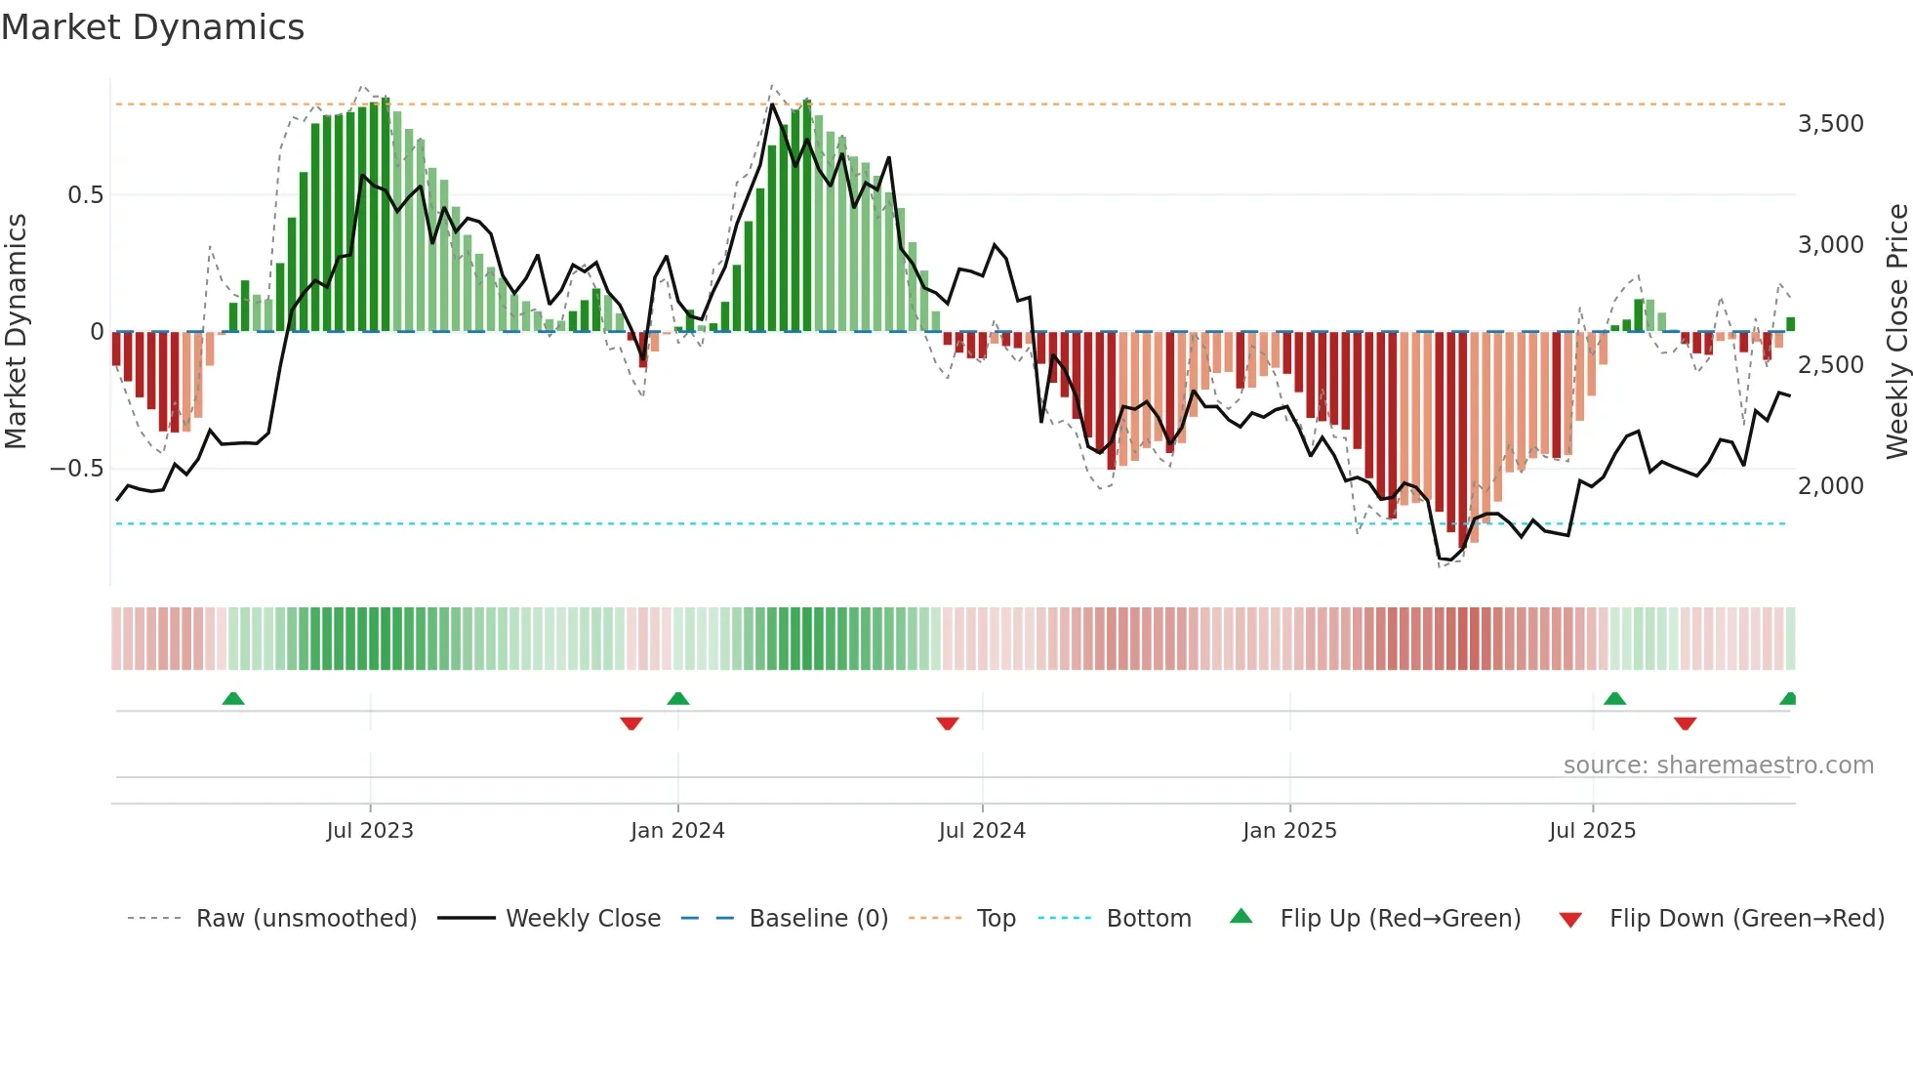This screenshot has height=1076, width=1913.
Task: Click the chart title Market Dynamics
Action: click(152, 27)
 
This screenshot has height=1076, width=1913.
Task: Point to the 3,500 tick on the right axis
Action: click(1830, 124)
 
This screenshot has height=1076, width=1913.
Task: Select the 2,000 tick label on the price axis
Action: click(1830, 485)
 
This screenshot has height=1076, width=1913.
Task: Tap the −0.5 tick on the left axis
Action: click(76, 469)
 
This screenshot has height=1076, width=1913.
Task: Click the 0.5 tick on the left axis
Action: click(85, 195)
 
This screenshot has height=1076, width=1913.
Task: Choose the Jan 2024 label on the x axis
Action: click(677, 831)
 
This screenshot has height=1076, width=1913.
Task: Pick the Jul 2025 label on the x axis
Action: click(1592, 831)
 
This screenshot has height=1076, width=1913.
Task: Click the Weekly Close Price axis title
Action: click(1896, 332)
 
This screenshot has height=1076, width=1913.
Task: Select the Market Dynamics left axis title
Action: click(16, 332)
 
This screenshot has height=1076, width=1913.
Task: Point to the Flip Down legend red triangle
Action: click(1570, 920)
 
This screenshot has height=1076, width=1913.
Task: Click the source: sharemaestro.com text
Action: click(1718, 766)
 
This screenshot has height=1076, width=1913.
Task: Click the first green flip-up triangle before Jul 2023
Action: click(233, 699)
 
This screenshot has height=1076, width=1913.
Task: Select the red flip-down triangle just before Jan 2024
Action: click(631, 724)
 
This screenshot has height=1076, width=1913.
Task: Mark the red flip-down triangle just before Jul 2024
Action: click(948, 724)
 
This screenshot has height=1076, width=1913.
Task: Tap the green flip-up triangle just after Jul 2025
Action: click(1615, 699)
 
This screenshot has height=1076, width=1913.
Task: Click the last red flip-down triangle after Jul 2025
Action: click(1686, 724)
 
